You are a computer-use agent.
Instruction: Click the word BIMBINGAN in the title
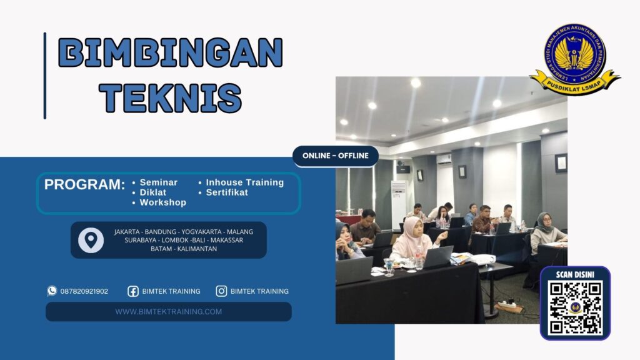tap(170, 53)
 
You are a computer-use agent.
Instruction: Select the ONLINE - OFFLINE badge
tap(336, 156)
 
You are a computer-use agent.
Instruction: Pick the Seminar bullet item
tap(158, 182)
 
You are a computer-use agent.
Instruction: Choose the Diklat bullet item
tap(152, 192)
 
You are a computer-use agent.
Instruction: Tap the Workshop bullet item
tap(162, 202)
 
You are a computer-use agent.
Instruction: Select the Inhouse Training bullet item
tap(244, 182)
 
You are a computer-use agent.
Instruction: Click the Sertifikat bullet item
tap(227, 192)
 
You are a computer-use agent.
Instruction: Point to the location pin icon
tap(91, 240)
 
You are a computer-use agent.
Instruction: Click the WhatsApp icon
tap(52, 291)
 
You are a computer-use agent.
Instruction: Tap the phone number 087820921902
tap(84, 291)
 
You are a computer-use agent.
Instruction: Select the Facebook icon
tap(133, 291)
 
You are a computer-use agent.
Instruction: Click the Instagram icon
tap(221, 291)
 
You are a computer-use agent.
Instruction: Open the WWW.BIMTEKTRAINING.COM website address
tap(169, 311)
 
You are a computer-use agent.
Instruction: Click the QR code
tap(575, 307)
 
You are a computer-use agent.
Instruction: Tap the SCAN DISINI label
tap(575, 274)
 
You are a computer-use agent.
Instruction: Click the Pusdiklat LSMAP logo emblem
tap(574, 58)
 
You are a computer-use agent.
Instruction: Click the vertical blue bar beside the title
tap(45, 76)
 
